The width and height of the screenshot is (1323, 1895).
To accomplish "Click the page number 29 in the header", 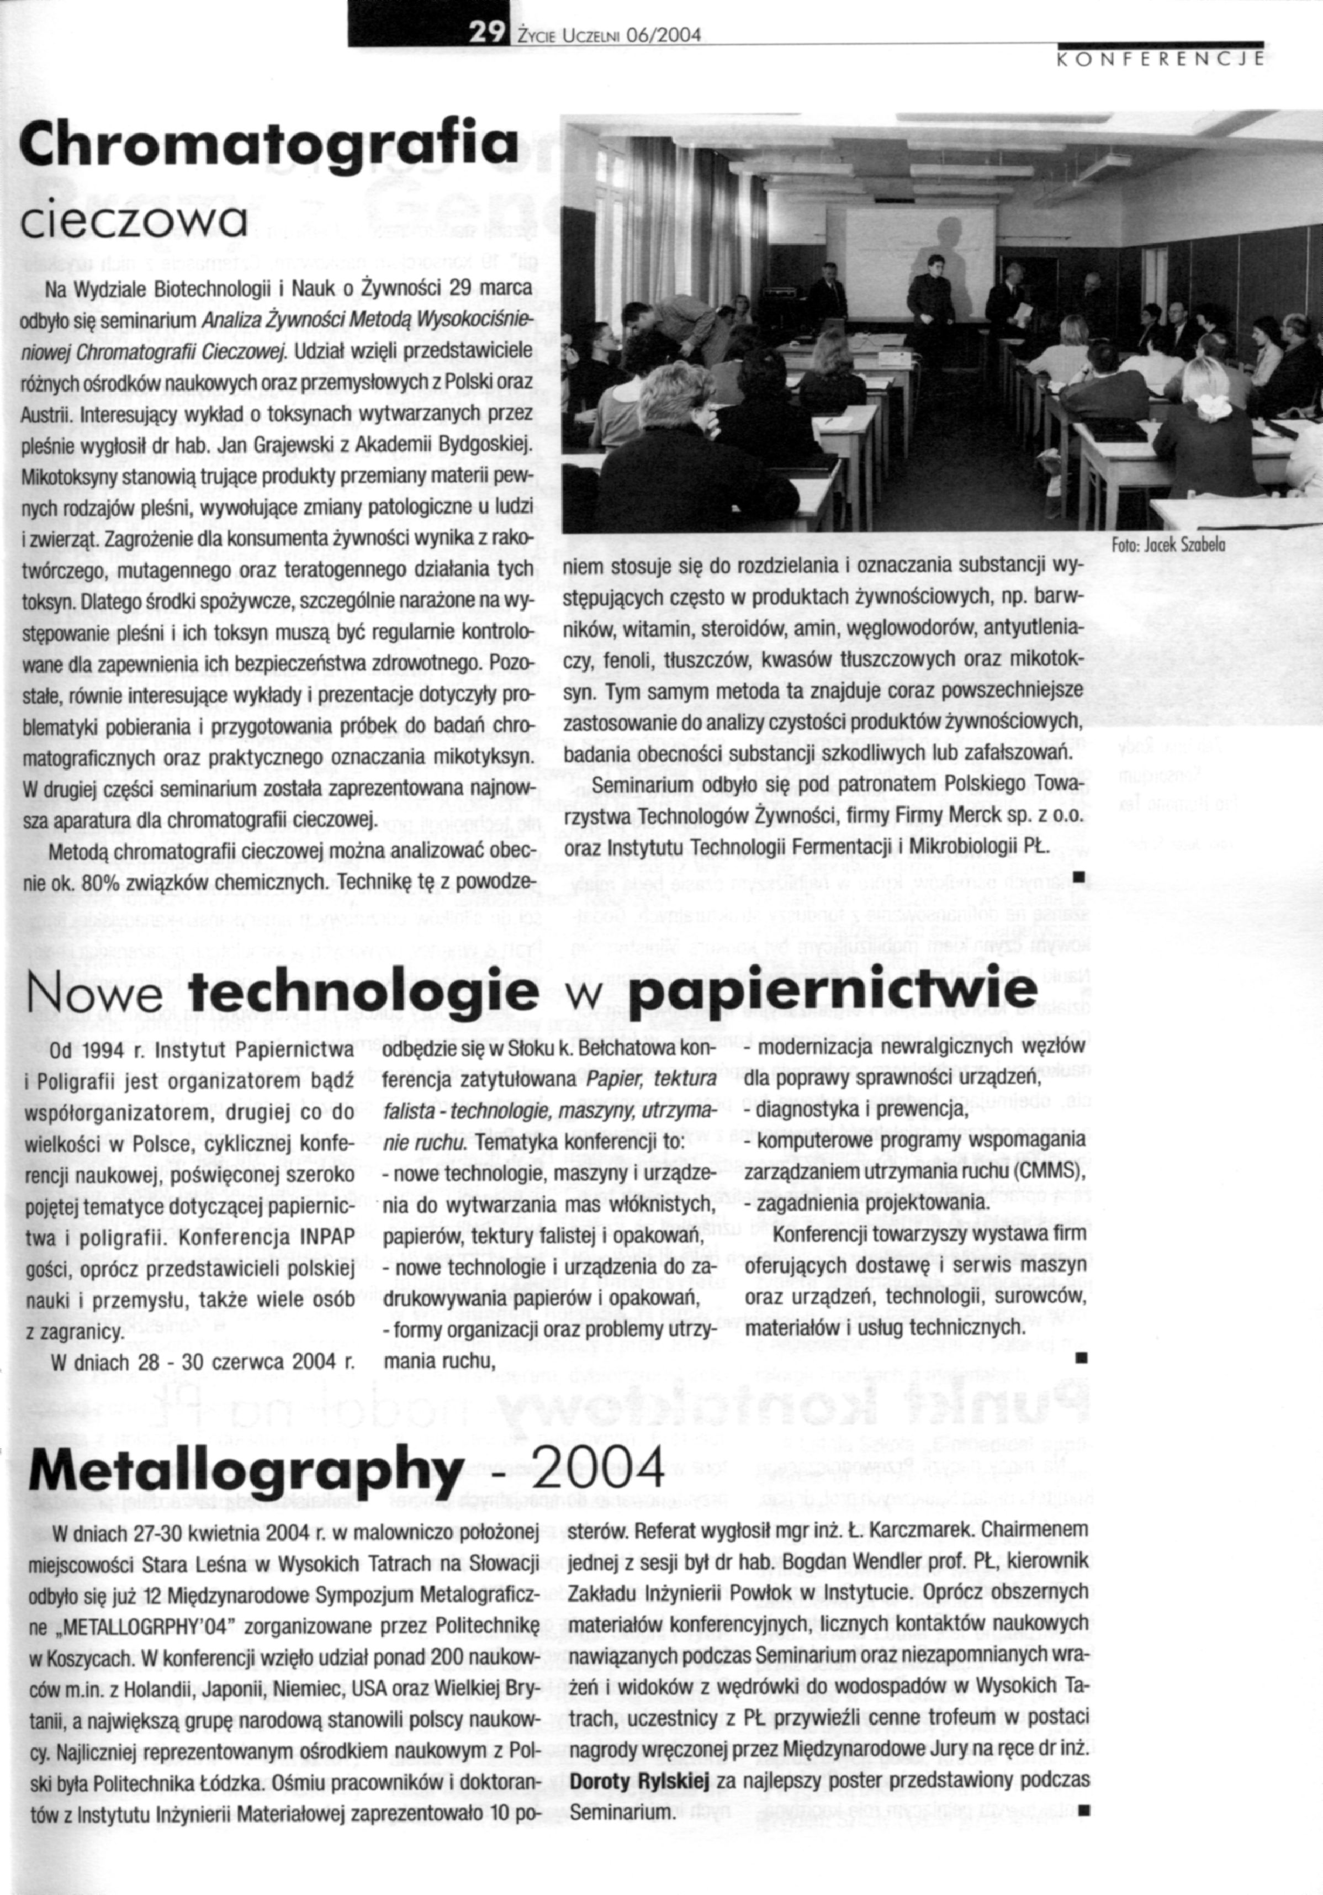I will click(x=486, y=33).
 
